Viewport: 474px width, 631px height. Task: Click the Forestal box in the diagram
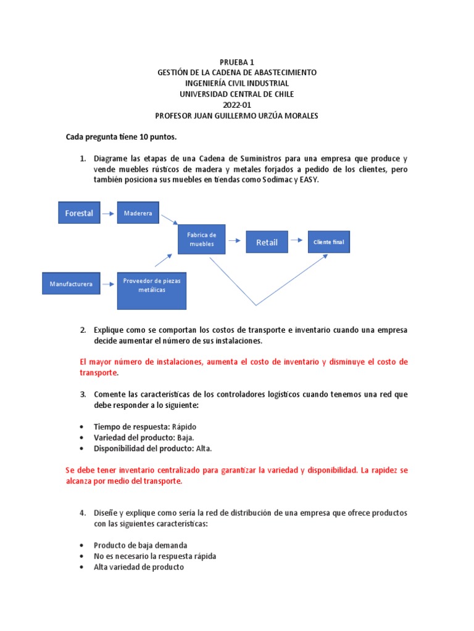tap(79, 213)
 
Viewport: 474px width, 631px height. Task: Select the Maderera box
tap(138, 213)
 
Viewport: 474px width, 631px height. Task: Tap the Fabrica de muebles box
tap(202, 239)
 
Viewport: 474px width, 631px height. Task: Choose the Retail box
tap(267, 242)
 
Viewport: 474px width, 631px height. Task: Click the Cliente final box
tap(328, 242)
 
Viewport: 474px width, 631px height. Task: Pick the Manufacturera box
tap(71, 284)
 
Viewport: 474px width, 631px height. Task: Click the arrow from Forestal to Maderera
tap(108, 213)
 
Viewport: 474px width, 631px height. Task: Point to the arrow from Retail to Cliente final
tap(297, 242)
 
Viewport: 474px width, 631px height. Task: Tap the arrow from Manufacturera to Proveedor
tap(109, 284)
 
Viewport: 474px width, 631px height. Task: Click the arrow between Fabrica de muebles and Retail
tap(235, 242)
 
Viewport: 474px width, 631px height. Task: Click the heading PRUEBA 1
tap(237, 62)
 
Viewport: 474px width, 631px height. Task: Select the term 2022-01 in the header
tap(237, 105)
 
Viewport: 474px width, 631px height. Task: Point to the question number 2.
tap(82, 330)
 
